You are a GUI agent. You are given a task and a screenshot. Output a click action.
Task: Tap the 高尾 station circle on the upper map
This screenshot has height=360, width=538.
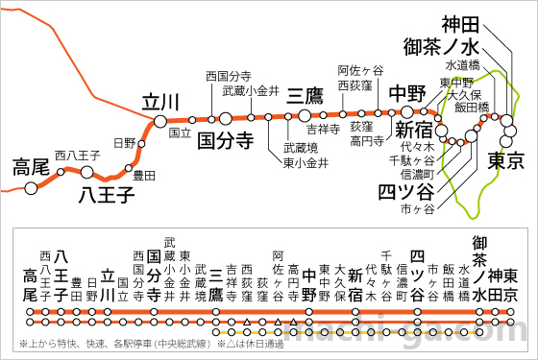(32, 187)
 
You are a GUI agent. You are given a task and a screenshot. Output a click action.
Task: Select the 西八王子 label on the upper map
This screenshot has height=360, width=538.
(76, 155)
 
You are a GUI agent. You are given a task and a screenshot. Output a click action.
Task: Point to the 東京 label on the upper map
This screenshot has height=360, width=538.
(505, 158)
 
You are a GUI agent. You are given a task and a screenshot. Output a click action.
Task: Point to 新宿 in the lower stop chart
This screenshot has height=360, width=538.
(355, 283)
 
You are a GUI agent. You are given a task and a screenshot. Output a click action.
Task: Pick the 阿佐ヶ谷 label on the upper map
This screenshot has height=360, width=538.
(360, 70)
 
